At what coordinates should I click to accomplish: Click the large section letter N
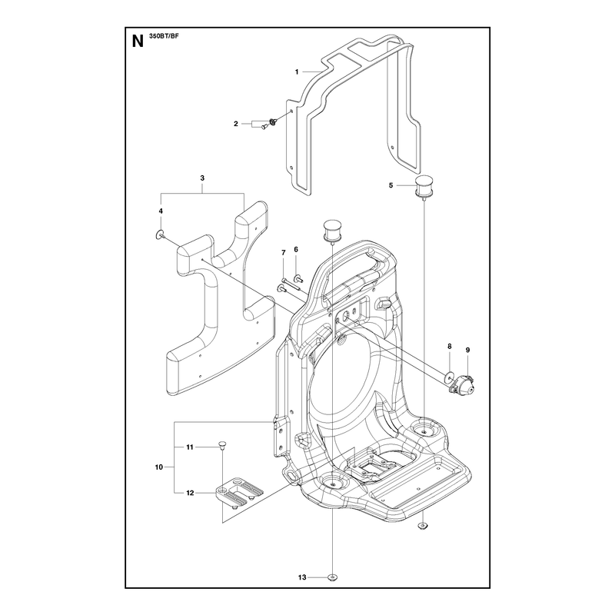click(138, 42)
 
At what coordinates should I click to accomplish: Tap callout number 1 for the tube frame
click(297, 71)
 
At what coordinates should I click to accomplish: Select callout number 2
click(236, 124)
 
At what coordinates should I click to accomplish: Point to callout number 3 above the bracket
click(202, 178)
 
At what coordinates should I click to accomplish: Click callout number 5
click(391, 185)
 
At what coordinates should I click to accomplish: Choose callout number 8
click(450, 347)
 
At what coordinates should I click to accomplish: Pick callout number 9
click(467, 350)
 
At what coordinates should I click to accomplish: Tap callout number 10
click(159, 467)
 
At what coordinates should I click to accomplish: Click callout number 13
click(302, 577)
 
